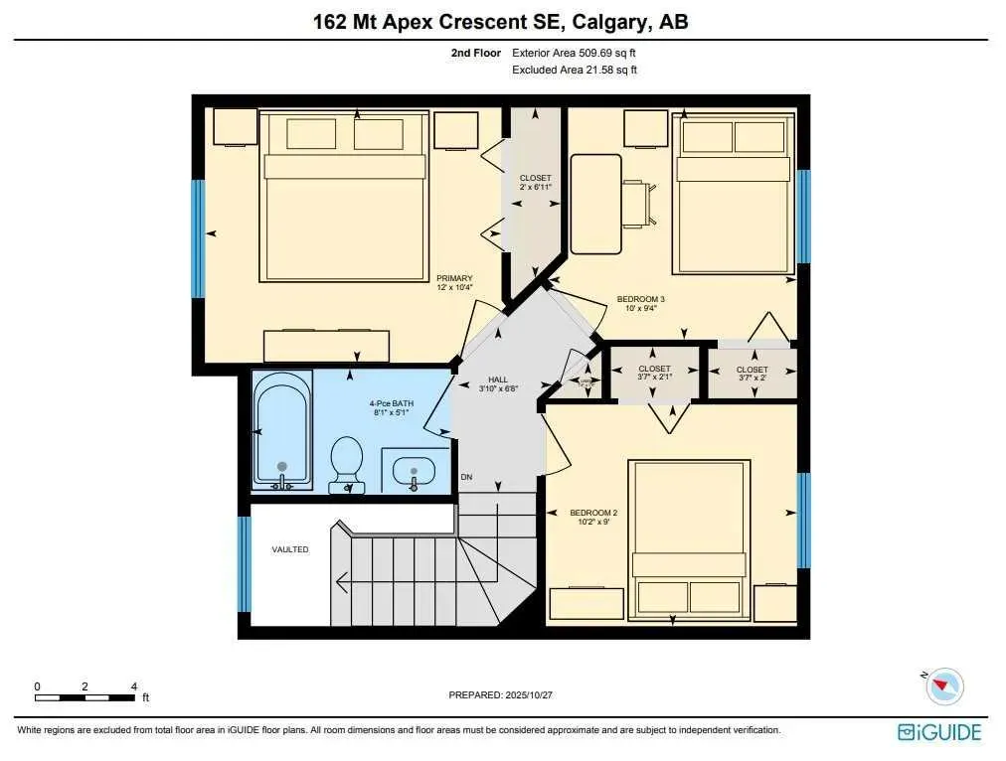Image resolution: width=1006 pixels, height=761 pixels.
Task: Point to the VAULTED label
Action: [290, 549]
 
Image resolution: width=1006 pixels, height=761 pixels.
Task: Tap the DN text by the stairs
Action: [466, 478]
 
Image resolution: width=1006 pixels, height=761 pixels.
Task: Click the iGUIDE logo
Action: [939, 732]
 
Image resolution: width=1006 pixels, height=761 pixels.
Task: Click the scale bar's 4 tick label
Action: [133, 686]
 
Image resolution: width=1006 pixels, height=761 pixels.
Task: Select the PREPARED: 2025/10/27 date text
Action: [502, 695]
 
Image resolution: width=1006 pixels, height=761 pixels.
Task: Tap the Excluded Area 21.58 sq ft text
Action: [574, 70]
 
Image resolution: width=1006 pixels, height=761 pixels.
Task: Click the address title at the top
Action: [502, 21]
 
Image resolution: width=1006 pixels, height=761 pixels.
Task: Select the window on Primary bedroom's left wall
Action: [199, 238]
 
